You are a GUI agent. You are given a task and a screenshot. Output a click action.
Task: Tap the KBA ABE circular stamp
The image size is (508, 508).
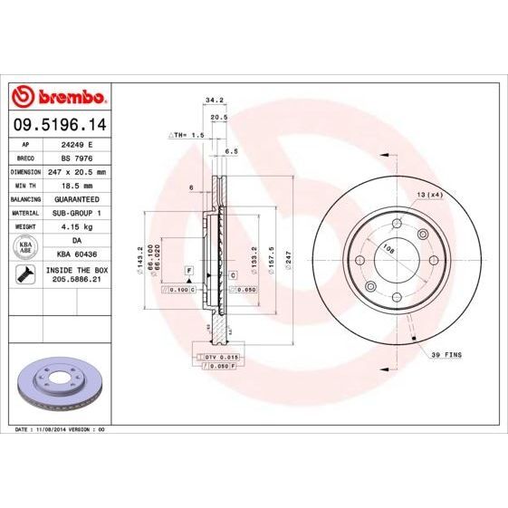[25, 245]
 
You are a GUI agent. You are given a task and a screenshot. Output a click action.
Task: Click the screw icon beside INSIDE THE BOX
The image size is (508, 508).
[25, 275]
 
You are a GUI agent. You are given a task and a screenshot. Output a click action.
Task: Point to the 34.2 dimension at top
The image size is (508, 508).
[215, 101]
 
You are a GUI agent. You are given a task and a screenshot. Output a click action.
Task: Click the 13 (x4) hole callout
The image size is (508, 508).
[429, 195]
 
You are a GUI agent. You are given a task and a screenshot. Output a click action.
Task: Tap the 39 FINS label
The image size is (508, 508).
[446, 355]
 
